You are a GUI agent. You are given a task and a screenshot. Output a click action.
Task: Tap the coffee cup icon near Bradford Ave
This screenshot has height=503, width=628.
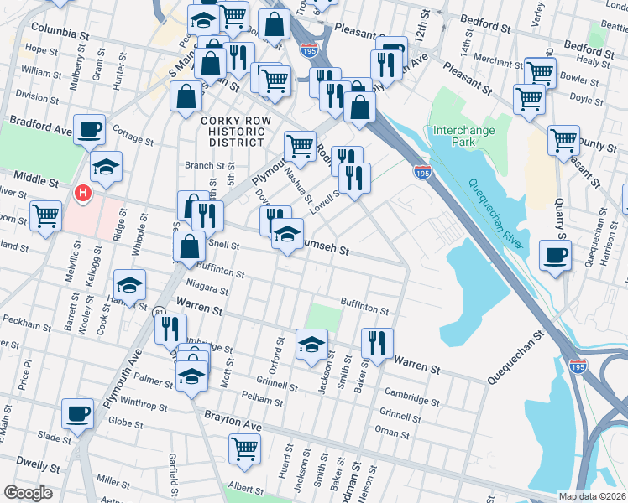coord(89,131)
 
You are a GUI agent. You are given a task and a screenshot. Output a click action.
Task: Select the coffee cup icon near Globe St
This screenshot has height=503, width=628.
coord(78,413)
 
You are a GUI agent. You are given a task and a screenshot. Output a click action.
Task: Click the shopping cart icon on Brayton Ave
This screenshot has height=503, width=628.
coord(244,449)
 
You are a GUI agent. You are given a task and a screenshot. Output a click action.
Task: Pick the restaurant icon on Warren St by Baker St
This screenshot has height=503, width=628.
coord(377,342)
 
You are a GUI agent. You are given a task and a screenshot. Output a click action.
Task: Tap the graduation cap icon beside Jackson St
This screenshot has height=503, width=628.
coord(311,345)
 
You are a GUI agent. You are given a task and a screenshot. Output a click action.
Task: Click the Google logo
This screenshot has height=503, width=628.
coord(28,493)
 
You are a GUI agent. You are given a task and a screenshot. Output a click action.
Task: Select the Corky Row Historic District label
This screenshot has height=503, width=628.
coord(236,132)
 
